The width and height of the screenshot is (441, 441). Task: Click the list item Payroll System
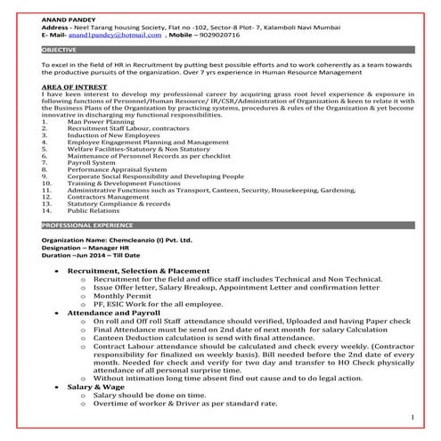(x=97, y=163)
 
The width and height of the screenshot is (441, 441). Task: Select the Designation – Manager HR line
(x=89, y=249)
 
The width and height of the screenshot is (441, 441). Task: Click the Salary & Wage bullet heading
(x=99, y=388)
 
